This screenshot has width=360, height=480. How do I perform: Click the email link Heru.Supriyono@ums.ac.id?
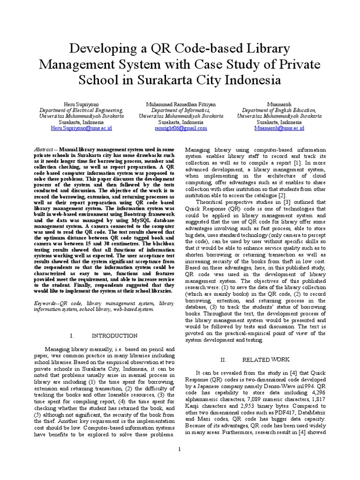tap(81, 127)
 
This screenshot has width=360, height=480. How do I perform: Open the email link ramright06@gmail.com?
tap(180, 127)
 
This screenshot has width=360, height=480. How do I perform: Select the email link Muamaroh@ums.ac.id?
tap(279, 127)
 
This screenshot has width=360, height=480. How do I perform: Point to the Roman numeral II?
tap(224, 360)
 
